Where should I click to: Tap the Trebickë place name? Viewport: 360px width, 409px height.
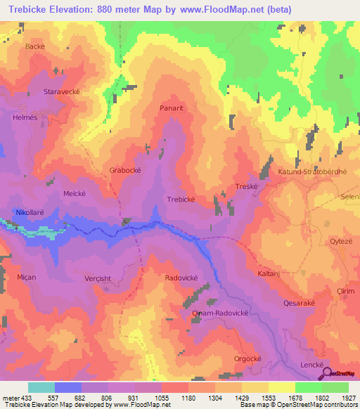181,200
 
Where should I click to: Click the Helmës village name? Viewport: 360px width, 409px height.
25,117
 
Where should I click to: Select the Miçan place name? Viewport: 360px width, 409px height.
27,278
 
